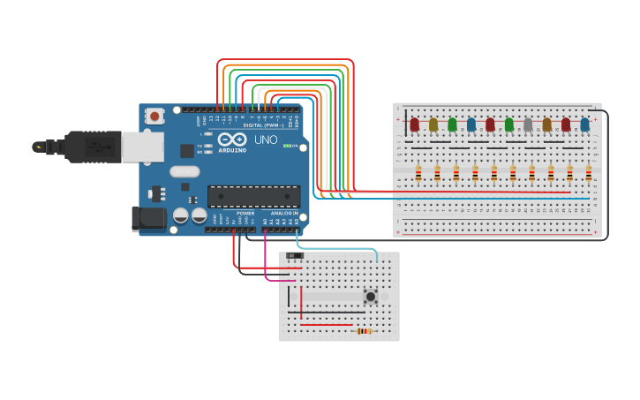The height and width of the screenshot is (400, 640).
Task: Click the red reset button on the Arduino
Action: point(155,116)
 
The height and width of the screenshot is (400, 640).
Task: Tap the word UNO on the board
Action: point(266,140)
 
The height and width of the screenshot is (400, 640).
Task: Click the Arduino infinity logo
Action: point(232,140)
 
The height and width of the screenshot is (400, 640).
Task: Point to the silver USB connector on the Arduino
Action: point(142,147)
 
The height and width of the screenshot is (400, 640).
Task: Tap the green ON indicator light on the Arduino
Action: point(287,146)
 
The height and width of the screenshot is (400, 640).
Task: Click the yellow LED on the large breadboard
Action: point(433,125)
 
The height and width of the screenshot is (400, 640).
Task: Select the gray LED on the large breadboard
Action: point(528,125)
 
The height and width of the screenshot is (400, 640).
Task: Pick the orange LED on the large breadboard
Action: point(547,125)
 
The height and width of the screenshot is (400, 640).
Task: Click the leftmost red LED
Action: point(414,125)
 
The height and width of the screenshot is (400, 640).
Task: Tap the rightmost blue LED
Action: point(585,125)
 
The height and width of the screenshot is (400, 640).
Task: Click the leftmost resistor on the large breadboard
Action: point(418,174)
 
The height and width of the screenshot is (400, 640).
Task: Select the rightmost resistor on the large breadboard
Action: point(589,174)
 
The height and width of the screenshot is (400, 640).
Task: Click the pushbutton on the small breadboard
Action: point(372,297)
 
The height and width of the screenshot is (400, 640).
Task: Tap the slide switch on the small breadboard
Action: point(295,256)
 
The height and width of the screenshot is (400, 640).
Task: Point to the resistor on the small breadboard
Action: point(365,331)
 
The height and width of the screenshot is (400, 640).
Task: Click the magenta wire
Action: point(267,265)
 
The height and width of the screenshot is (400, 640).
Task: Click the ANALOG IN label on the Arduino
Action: point(284,213)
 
